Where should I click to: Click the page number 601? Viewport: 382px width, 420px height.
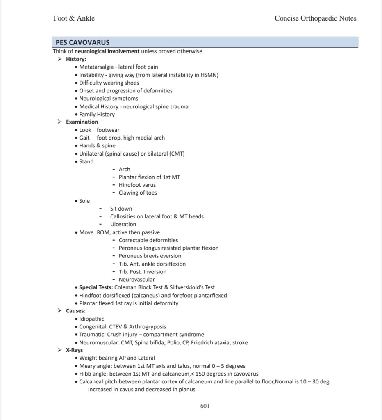coord(205,406)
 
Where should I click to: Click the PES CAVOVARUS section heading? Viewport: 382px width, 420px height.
coord(83,42)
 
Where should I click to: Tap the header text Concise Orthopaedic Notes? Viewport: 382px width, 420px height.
coord(315,18)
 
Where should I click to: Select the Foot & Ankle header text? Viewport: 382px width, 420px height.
coord(74,18)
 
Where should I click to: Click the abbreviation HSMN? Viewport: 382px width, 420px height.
coord(209,75)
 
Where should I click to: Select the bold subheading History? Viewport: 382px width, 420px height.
coord(76,59)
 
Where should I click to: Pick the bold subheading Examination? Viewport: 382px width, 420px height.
coord(82,122)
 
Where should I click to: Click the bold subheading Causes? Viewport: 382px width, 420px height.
coord(75,311)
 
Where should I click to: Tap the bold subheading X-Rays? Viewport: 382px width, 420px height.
coord(74,350)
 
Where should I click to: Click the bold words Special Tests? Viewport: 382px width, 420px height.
coord(96,287)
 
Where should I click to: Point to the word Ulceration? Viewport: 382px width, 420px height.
coord(123,224)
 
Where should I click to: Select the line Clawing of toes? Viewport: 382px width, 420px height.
coord(138,193)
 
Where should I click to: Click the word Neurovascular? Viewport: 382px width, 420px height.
coord(136,280)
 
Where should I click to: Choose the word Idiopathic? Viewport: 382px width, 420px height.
coord(92,319)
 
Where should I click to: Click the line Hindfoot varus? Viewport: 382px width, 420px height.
coord(137,185)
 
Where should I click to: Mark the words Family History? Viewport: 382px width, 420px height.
coord(97,115)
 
